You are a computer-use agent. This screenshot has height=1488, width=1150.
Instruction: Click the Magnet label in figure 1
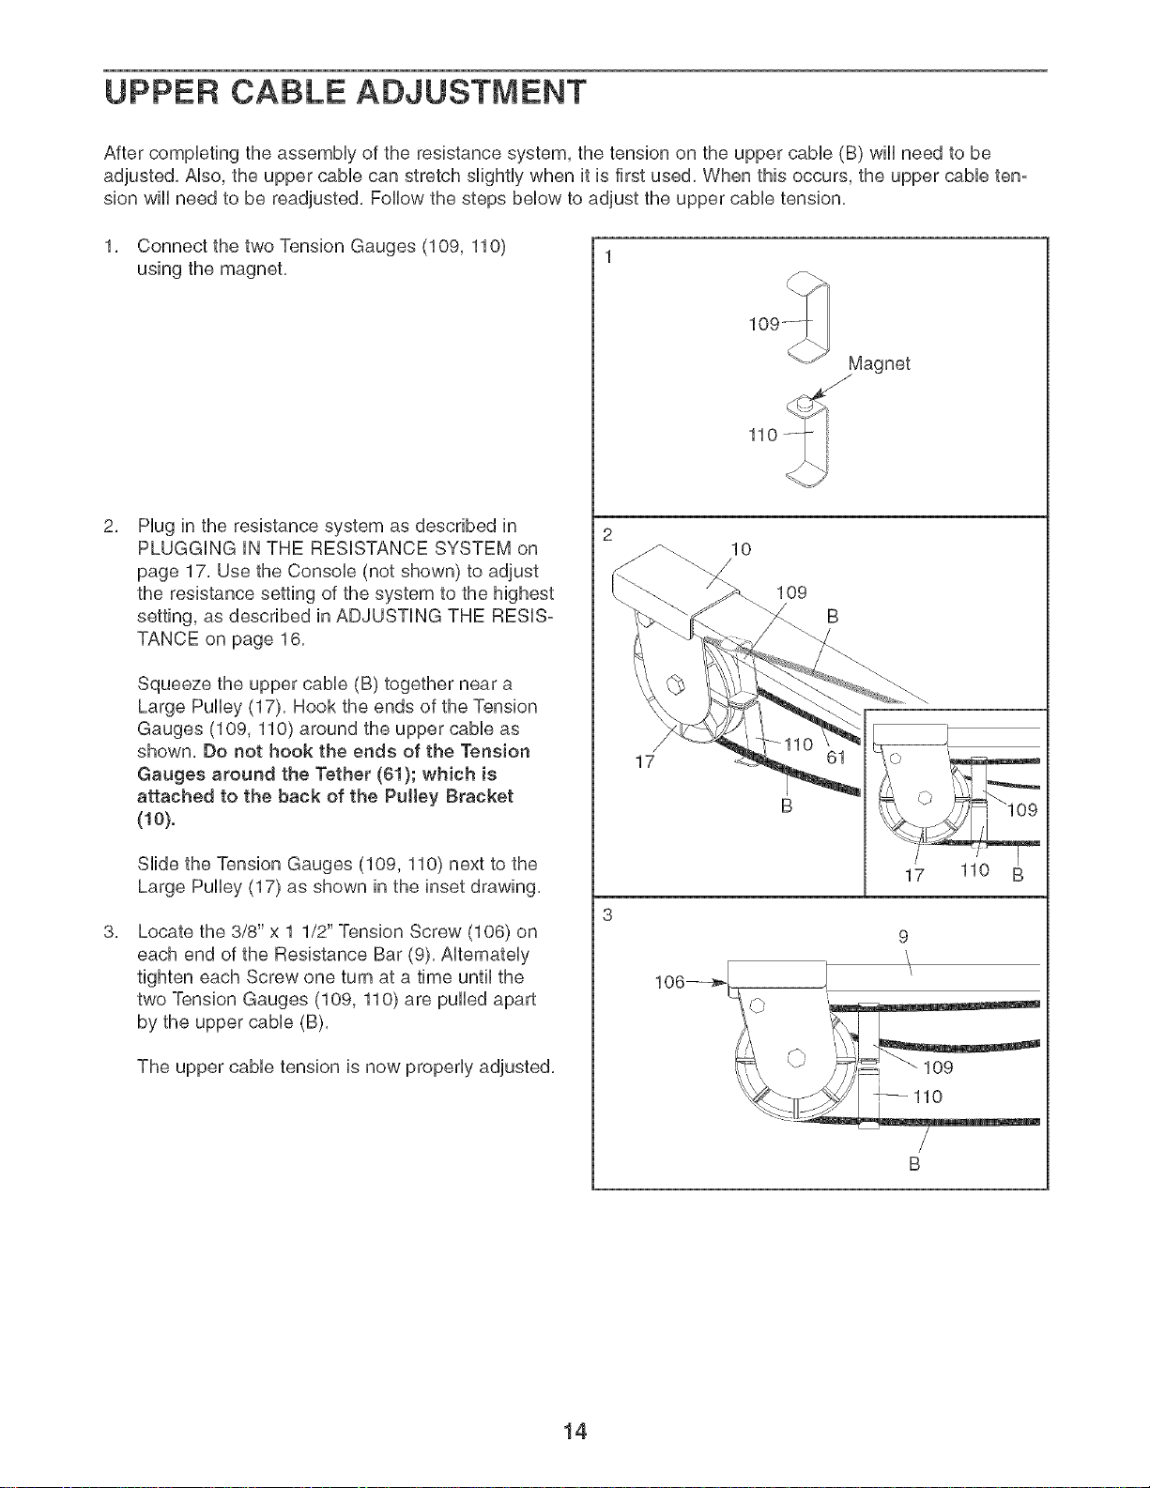point(879,364)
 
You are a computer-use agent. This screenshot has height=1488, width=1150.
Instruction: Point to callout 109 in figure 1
point(764,324)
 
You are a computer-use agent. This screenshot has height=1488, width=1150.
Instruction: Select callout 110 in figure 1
point(764,435)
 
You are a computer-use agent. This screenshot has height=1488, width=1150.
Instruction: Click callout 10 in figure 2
point(742,549)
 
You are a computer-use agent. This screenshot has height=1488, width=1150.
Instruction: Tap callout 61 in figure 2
point(836,758)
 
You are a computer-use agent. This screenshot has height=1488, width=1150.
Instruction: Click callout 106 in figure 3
point(669,983)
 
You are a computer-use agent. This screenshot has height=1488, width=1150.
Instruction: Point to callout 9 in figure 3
point(903,935)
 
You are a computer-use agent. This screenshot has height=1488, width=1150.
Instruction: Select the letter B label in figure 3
point(913,1164)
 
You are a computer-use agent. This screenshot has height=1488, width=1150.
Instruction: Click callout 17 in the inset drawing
point(914,875)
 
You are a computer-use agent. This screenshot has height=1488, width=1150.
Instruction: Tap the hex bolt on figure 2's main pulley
point(676,684)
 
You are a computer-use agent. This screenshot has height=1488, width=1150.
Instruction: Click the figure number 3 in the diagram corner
point(606,914)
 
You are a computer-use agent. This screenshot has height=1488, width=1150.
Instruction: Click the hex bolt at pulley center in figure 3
point(797,1057)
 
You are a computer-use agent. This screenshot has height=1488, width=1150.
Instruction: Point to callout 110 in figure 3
point(928,1097)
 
